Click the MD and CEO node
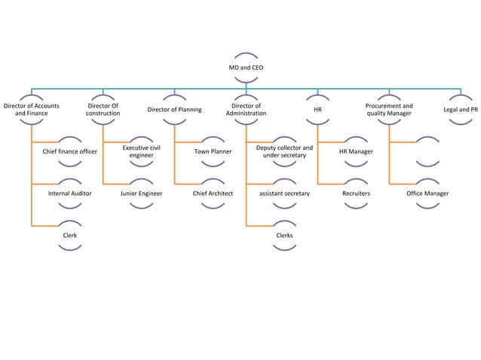(x=247, y=68)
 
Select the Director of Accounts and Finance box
(x=32, y=110)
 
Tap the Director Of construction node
(x=103, y=110)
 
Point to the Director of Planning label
(x=174, y=110)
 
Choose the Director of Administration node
(x=247, y=110)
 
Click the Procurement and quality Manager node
(x=389, y=110)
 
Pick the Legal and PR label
(x=460, y=110)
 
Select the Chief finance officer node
(x=70, y=152)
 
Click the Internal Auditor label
(x=70, y=194)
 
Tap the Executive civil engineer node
(x=141, y=152)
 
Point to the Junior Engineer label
(x=141, y=194)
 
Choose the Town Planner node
(x=213, y=152)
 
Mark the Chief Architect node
(x=213, y=194)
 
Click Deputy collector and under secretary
(x=284, y=152)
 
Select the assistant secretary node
(x=284, y=194)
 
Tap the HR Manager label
(x=356, y=152)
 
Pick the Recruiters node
(x=356, y=194)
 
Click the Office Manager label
(x=427, y=194)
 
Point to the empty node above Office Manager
(x=427, y=151)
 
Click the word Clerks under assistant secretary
(x=284, y=236)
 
